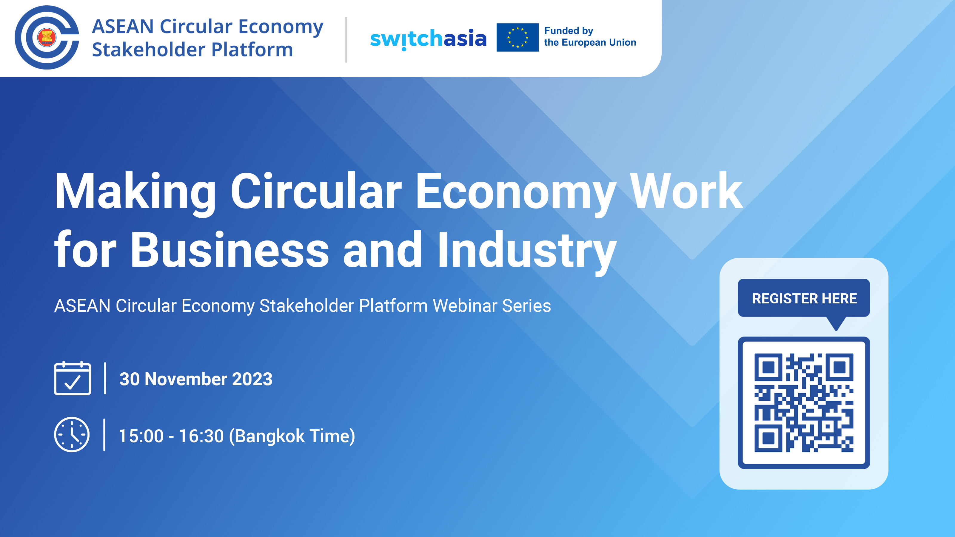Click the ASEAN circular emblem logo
47,37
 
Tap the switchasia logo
428,38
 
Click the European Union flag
517,37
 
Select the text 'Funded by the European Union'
589,37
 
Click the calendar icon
73,378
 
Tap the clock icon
72,434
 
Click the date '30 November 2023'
196,379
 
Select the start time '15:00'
141,436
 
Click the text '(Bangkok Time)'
292,436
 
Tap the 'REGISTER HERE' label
804,298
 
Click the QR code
804,402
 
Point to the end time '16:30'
201,436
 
